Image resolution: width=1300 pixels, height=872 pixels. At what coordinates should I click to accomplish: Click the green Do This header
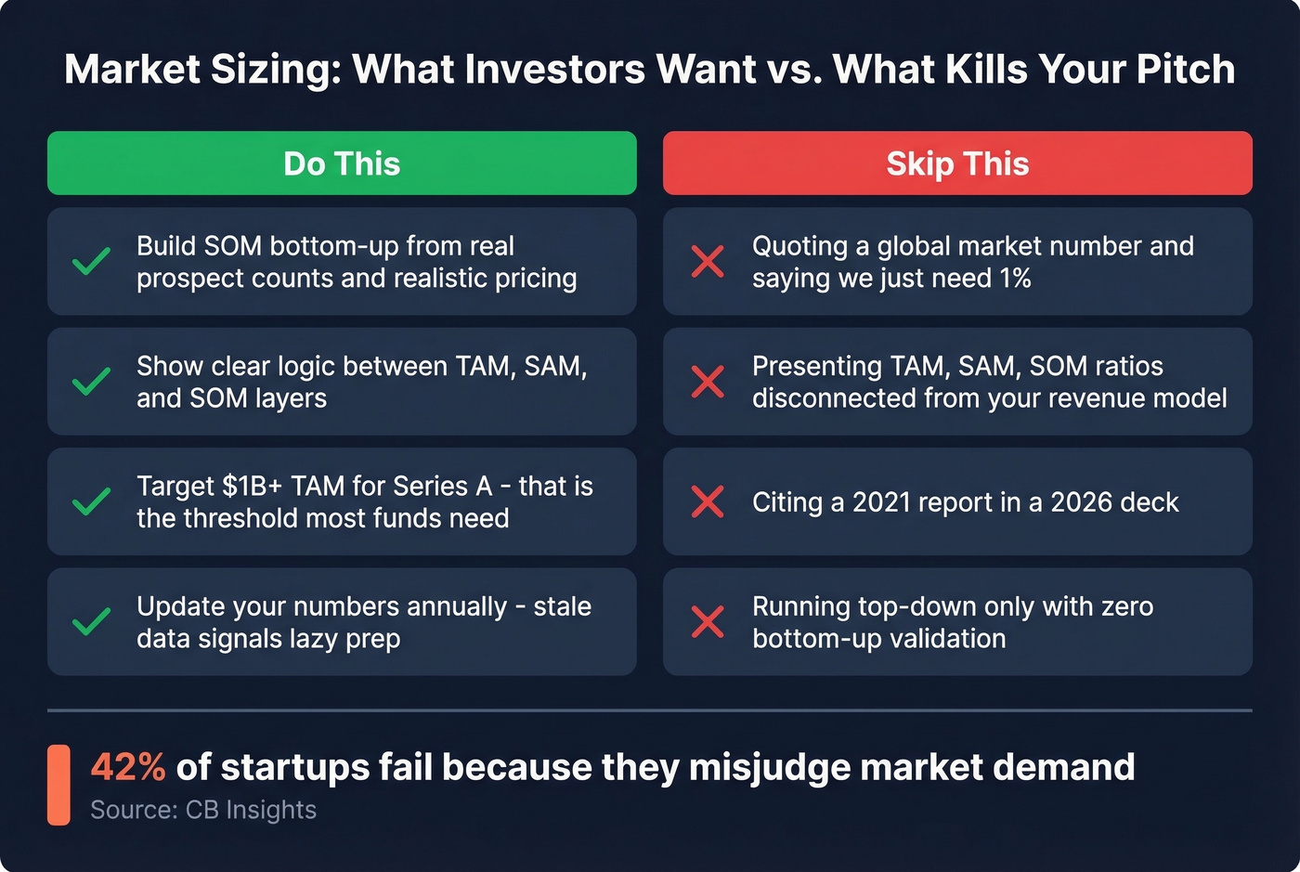tap(342, 163)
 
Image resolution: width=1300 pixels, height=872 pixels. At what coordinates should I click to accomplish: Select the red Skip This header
tap(957, 163)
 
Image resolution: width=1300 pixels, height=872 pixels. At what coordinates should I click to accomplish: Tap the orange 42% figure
tap(128, 768)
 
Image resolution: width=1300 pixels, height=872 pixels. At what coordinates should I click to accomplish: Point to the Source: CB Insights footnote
tap(203, 810)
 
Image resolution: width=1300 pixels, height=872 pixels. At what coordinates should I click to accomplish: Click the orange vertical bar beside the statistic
tap(58, 785)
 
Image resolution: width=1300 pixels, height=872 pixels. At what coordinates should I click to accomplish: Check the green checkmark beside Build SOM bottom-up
tap(92, 262)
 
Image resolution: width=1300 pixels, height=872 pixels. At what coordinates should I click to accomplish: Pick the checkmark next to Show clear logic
tap(92, 382)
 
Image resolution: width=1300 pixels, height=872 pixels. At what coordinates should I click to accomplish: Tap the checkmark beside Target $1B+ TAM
tap(92, 501)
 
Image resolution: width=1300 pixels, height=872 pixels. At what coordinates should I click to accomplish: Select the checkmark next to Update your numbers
tap(92, 621)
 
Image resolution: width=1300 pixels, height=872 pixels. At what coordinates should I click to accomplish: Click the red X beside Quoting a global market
tap(708, 262)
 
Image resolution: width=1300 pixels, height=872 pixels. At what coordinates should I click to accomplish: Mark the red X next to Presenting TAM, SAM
tap(708, 382)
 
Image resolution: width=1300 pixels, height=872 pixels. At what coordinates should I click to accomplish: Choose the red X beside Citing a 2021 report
tap(708, 501)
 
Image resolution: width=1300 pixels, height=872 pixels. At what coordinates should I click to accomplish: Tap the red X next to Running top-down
tap(708, 621)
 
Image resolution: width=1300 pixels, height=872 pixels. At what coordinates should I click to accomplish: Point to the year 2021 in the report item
tap(884, 502)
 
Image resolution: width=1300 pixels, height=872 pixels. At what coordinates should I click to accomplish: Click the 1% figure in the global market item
tap(1015, 279)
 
